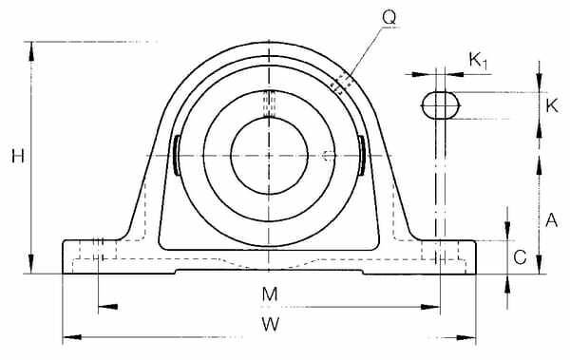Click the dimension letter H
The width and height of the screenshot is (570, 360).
18,156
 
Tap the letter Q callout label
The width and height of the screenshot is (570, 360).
389,17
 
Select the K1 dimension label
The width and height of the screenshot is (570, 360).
478,60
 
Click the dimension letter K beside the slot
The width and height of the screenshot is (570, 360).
551,105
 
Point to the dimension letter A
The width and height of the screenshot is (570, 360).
551,220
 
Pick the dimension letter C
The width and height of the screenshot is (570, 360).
520,257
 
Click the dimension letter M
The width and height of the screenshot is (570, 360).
270,294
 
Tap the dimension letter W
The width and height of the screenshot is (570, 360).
271,324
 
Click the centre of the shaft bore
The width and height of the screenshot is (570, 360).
269,156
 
